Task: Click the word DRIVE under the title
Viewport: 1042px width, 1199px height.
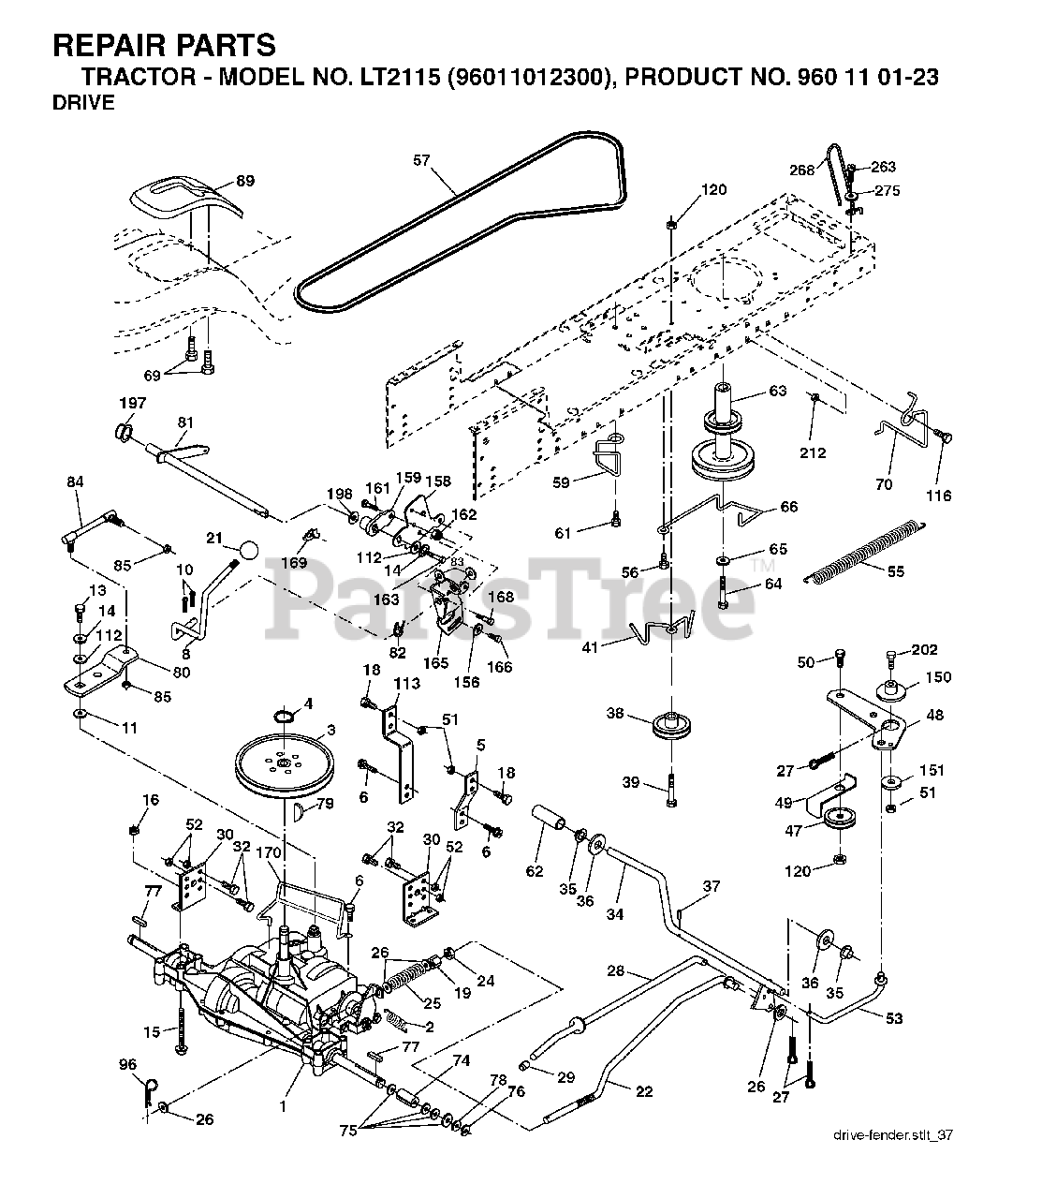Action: [x=83, y=102]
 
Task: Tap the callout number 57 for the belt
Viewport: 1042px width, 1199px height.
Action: [x=421, y=160]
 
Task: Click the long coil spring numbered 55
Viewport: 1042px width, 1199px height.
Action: [x=865, y=551]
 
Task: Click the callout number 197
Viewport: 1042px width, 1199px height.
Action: [x=132, y=403]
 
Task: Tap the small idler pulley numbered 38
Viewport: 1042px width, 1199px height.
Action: [x=671, y=726]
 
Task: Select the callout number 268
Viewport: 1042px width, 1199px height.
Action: [x=801, y=170]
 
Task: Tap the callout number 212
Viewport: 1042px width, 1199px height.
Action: [x=813, y=452]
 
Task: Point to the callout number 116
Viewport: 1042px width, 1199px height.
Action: [x=938, y=496]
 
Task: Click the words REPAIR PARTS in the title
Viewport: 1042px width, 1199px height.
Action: [x=165, y=45]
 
